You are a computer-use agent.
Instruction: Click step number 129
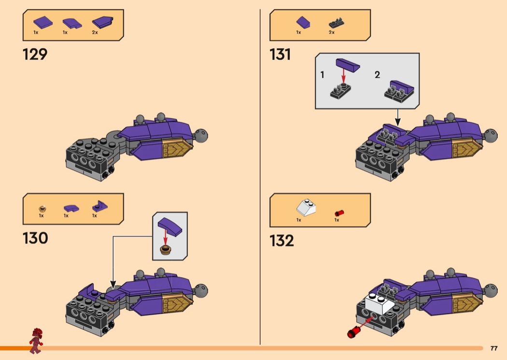click(x=35, y=55)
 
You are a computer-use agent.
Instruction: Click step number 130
click(x=35, y=238)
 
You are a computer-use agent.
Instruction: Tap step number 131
click(x=280, y=55)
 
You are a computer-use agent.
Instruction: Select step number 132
click(x=282, y=241)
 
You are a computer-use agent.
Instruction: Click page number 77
click(x=494, y=348)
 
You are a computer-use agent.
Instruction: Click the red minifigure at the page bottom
click(x=36, y=341)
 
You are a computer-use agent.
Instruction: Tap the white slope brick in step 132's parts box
click(x=306, y=208)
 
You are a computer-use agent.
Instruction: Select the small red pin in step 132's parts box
click(x=339, y=213)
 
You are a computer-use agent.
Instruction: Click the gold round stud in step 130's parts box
click(x=42, y=209)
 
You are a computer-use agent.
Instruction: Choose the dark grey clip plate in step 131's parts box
click(x=336, y=23)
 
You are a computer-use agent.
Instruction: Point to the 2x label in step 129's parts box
click(x=95, y=32)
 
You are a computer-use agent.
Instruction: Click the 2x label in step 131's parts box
click(x=331, y=32)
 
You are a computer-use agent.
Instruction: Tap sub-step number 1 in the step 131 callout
click(x=322, y=75)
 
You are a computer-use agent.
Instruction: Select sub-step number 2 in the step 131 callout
click(x=377, y=75)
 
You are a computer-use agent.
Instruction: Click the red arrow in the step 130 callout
click(x=165, y=237)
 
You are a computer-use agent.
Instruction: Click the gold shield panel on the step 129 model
click(x=177, y=148)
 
